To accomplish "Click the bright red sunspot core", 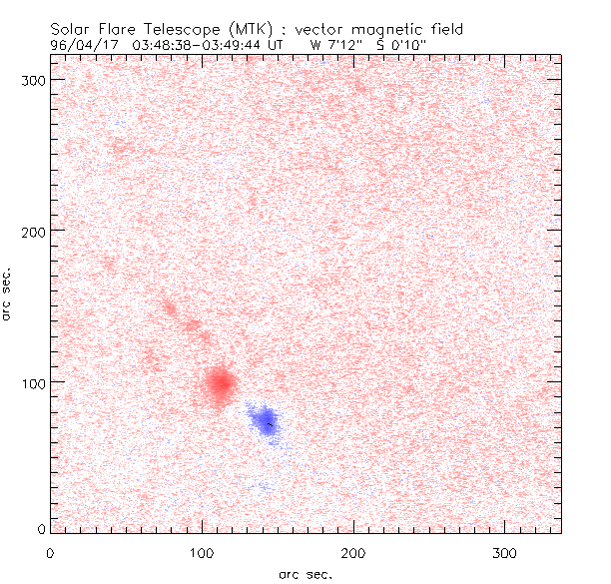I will coord(220,381).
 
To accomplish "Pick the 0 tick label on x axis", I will coord(50,551).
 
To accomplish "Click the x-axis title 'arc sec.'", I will coord(305,574).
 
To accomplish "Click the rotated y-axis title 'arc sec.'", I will coord(8,292).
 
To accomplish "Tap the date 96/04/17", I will coord(79,44).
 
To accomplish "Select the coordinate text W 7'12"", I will coord(337,44).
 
